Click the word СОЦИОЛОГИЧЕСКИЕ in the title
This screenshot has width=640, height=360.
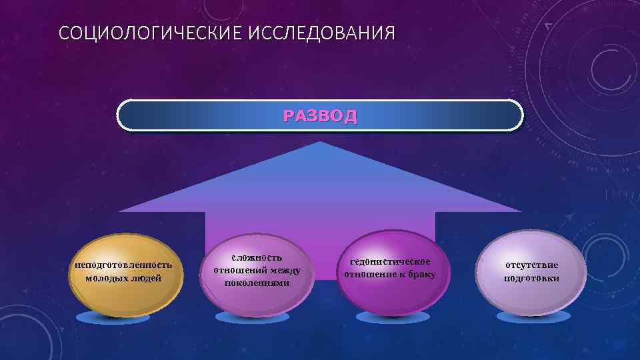[151, 33]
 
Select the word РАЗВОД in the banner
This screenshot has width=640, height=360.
[320, 115]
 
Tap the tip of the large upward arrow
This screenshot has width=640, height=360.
[320, 143]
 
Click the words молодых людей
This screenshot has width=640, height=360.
[124, 278]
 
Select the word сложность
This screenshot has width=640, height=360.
[257, 257]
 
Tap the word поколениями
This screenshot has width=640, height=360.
[257, 283]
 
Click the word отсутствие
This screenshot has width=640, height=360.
[531, 265]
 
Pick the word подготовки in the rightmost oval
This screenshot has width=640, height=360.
[531, 279]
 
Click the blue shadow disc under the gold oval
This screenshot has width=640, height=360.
[103, 317]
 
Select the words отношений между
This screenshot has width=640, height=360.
[257, 270]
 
